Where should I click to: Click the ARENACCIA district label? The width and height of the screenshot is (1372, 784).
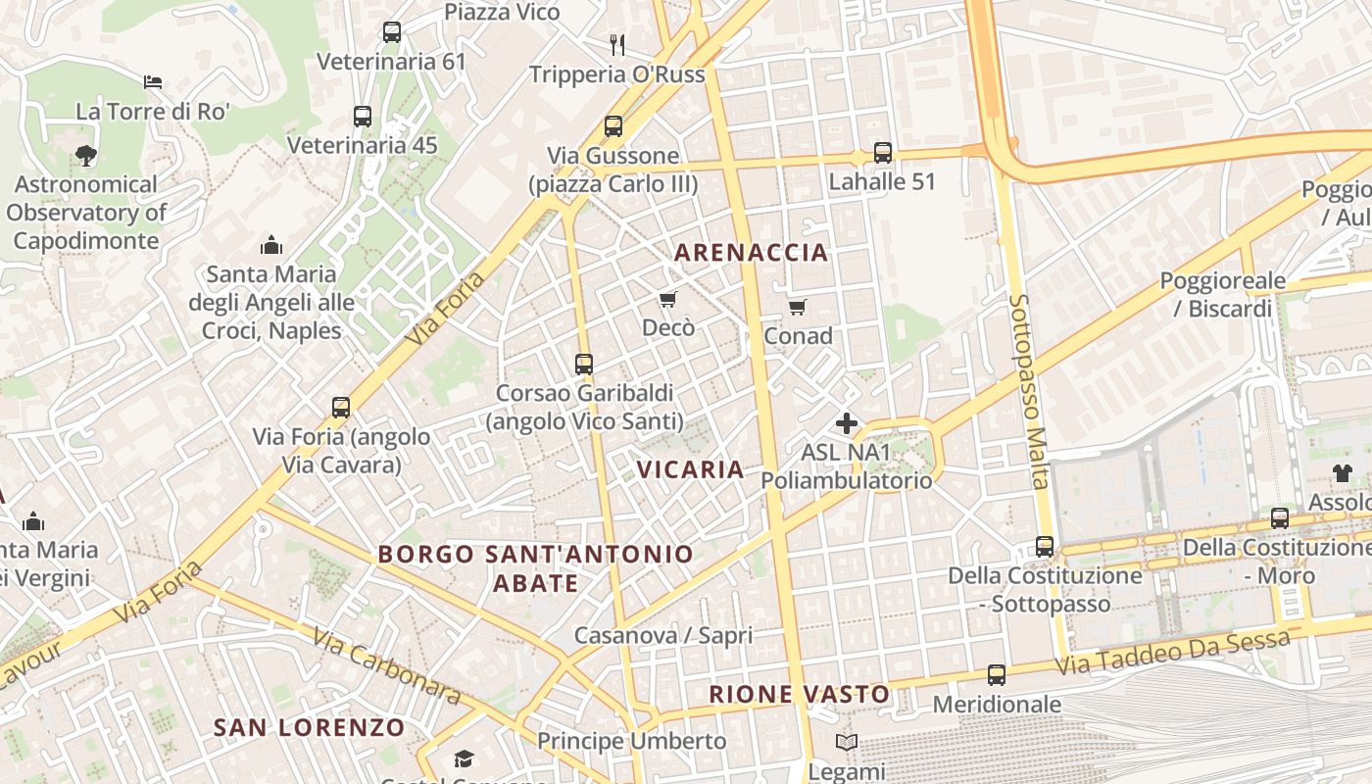752,253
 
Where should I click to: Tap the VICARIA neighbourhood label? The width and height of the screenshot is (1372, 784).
691,469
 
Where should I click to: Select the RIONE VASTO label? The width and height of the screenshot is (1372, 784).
800,695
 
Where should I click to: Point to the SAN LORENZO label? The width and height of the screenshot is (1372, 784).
309,727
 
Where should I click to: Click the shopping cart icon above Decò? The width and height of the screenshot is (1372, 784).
667,299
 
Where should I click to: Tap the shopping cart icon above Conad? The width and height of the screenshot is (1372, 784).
798,308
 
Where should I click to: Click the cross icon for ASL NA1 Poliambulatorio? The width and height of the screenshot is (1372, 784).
846,423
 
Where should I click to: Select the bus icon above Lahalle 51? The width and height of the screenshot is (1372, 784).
883,153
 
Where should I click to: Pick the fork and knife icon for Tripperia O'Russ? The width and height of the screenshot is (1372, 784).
617,44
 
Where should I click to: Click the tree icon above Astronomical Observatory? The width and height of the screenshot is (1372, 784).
85,155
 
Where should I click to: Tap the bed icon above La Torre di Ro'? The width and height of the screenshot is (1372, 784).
152,81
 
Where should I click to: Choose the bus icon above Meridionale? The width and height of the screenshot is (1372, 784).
997,675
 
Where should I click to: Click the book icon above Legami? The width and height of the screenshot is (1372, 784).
847,742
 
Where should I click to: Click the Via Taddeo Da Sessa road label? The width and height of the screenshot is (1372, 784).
1173,654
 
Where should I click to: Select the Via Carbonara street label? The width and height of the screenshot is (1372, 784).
386,666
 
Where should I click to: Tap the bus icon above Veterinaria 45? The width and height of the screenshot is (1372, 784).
363,117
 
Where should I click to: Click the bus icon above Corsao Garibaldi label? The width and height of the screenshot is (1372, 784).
584,365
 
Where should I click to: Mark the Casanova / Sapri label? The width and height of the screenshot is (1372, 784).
663,635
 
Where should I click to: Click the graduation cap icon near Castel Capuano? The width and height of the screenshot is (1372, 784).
464,759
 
